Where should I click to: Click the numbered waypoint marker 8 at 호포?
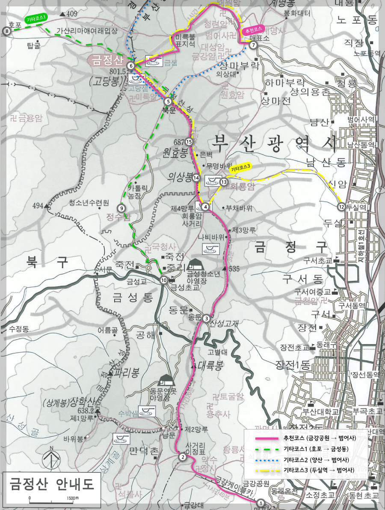(x=6, y=31)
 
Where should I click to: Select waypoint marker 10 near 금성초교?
(x=164, y=280)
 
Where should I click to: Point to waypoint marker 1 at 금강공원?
(x=262, y=504)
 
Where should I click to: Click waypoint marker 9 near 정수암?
(x=122, y=208)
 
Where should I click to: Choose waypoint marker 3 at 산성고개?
(x=207, y=318)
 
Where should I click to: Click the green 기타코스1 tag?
(x=36, y=19)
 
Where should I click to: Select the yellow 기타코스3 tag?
(x=240, y=168)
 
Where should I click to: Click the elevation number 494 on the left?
(x=38, y=206)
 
